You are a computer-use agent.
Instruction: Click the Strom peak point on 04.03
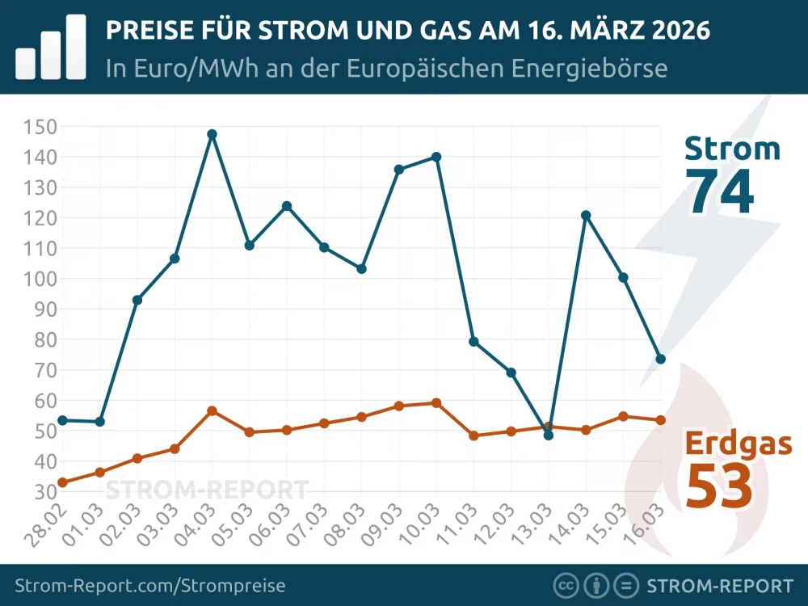pos(212,134)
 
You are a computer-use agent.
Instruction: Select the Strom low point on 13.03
pos(549,436)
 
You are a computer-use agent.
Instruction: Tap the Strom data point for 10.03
pos(436,157)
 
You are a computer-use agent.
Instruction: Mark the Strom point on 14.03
pos(586,216)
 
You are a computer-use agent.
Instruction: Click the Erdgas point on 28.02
pos(62,482)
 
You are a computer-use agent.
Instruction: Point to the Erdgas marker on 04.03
pos(212,411)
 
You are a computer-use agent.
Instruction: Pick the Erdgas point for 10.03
pos(436,402)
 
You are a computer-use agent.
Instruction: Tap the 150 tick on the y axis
pos(40,126)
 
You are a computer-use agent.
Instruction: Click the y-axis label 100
pos(40,279)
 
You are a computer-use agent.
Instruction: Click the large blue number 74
pos(720,192)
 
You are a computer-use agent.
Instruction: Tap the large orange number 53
pos(720,486)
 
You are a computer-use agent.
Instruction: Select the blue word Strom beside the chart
pos(732,149)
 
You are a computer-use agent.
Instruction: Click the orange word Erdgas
pos(739,444)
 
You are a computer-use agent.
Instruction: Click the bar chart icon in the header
pos(51,47)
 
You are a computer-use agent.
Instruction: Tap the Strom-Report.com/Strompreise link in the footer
pos(150,586)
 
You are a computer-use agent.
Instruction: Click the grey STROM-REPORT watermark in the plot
pos(208,490)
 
